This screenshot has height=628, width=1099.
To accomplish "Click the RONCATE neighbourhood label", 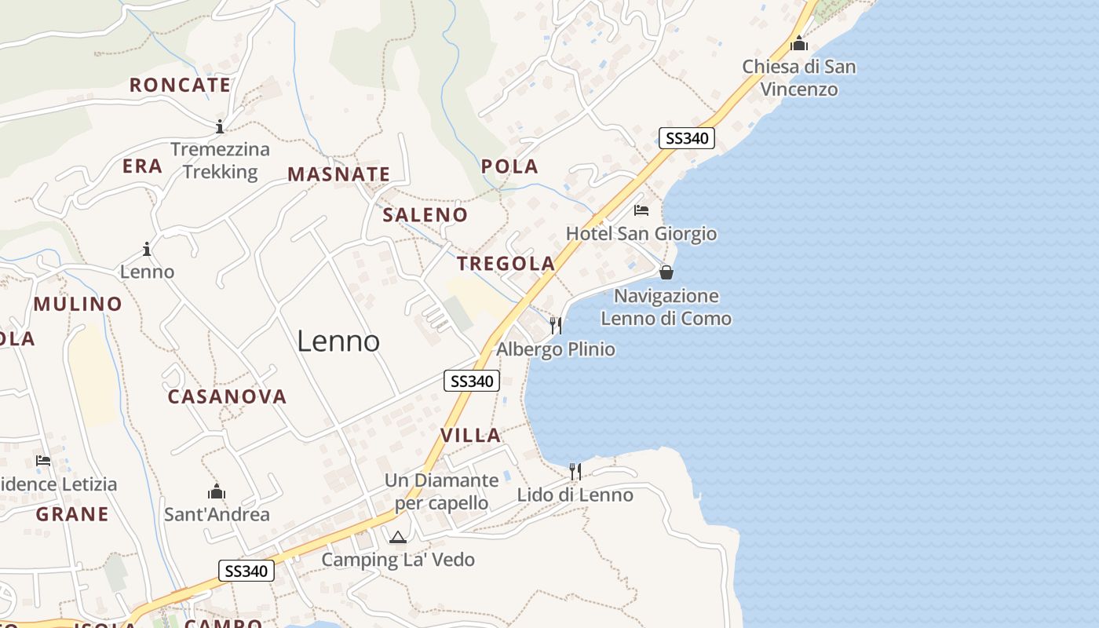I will pos(180,85).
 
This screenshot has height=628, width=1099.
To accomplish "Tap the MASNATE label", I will pos(338,174).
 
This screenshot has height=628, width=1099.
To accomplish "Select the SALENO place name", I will pos(425,215).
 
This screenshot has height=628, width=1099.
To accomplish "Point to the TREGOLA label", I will pos(506,264).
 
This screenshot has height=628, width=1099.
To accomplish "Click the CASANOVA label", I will pos(227,396).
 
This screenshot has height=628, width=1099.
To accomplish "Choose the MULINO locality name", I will pos(78,304).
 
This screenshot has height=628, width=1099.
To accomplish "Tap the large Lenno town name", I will pos(338,341).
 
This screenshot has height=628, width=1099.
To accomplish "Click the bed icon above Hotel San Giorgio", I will pos(641,210).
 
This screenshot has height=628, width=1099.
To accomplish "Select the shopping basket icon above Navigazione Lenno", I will pos(666,272).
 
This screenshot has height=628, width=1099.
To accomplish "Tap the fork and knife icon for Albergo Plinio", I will pos(556,325).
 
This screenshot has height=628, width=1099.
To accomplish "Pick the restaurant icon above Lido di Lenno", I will pos(575,471).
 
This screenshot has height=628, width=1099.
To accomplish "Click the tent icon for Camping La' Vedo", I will pos(398,537).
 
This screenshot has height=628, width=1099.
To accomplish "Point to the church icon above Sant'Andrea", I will pos(217,492).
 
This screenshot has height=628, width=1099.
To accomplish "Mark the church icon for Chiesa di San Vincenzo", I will pos(799,43).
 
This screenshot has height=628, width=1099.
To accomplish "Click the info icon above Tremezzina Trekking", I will pos(220,126).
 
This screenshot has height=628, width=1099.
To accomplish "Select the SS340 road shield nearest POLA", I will pos(686,138).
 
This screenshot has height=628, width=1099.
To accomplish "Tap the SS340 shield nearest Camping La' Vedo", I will pos(246,571).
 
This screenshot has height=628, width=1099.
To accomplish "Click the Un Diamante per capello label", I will pos(441,491).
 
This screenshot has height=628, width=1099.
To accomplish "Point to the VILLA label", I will pos(470,436).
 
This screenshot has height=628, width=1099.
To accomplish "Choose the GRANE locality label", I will pos(72,514).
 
